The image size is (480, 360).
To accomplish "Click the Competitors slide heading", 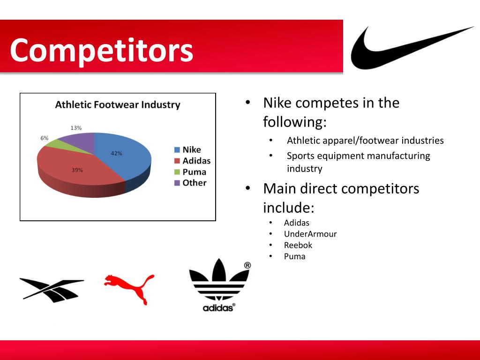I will pyautogui.click(x=102, y=50).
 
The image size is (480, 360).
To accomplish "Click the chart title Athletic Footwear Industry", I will pyautogui.click(x=118, y=105).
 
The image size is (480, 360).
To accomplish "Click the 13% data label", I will pyautogui.click(x=76, y=127).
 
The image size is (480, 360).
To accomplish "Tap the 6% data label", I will pyautogui.click(x=44, y=138).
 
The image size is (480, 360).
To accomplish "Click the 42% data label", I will pyautogui.click(x=117, y=153).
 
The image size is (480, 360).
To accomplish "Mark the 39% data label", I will pyautogui.click(x=77, y=170).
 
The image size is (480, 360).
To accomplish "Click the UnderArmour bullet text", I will pyautogui.click(x=310, y=234).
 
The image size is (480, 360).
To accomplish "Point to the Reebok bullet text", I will pyautogui.click(x=298, y=245).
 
